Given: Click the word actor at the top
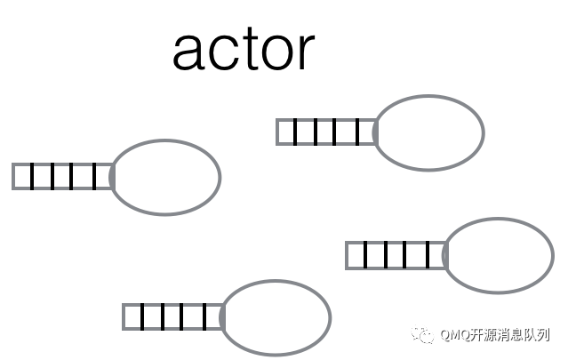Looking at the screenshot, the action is click(x=244, y=50).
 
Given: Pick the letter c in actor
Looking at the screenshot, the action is click(x=221, y=53).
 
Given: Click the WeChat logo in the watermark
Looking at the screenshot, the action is click(x=422, y=334).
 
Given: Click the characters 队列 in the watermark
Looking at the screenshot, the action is click(x=537, y=335).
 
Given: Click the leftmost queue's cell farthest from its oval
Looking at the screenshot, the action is click(x=22, y=176).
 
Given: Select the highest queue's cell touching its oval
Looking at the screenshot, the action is click(x=366, y=132).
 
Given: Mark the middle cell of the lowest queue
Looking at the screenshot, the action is click(x=172, y=317).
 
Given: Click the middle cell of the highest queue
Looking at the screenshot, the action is click(x=325, y=132).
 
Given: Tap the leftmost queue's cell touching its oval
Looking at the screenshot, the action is click(x=104, y=176).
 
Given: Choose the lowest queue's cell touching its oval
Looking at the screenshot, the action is click(x=214, y=317).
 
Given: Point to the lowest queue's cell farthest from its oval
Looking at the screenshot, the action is click(x=132, y=317).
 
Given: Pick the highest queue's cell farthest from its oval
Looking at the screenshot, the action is click(x=286, y=132).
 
